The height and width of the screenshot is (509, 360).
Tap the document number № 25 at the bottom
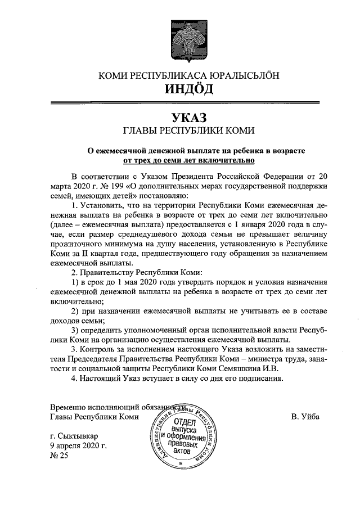[x=58, y=456]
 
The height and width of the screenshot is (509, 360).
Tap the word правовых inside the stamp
[x=185, y=443]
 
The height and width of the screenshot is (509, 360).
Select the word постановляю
[x=159, y=196]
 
